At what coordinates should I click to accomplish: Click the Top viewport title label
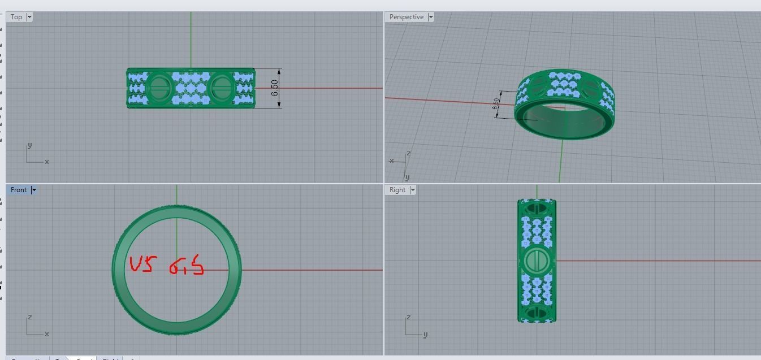tap(16, 17)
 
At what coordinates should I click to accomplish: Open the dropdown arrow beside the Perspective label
tap(431, 17)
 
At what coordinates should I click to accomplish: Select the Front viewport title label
tap(19, 190)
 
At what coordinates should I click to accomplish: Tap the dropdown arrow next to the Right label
tap(412, 190)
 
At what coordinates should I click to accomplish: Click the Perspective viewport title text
tap(406, 17)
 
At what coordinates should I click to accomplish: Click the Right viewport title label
tap(397, 190)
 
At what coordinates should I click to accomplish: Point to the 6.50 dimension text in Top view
tap(275, 88)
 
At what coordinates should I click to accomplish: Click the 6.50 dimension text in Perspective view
tap(496, 105)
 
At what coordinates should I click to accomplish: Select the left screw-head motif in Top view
tap(158, 88)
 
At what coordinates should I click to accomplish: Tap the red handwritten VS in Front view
tap(141, 264)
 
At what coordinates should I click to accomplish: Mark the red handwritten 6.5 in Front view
tap(187, 265)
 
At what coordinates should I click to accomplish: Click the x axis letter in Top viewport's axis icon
tap(46, 162)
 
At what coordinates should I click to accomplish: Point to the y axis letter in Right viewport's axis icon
tap(425, 334)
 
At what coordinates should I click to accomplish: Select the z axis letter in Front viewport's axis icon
tap(29, 317)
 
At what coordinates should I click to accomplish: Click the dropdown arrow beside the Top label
tap(29, 17)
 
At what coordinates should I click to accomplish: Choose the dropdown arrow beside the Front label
tap(33, 190)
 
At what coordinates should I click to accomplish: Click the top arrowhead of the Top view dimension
tap(280, 70)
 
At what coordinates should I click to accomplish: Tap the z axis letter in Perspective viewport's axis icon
tap(408, 153)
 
